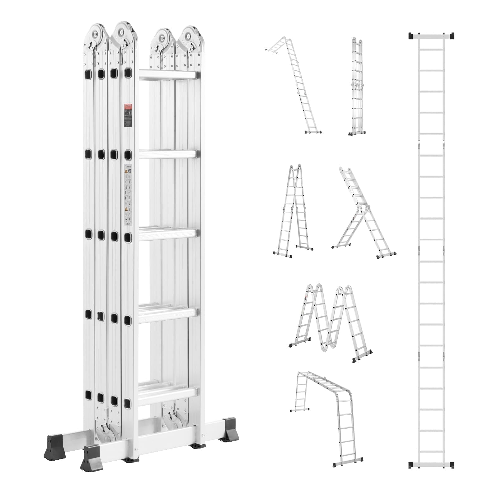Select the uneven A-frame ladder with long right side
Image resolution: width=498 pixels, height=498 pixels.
pyautogui.click(x=364, y=215)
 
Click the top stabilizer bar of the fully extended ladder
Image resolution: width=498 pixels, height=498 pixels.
pyautogui.click(x=431, y=36)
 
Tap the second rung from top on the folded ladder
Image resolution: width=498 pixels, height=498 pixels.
pyautogui.click(x=168, y=154)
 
